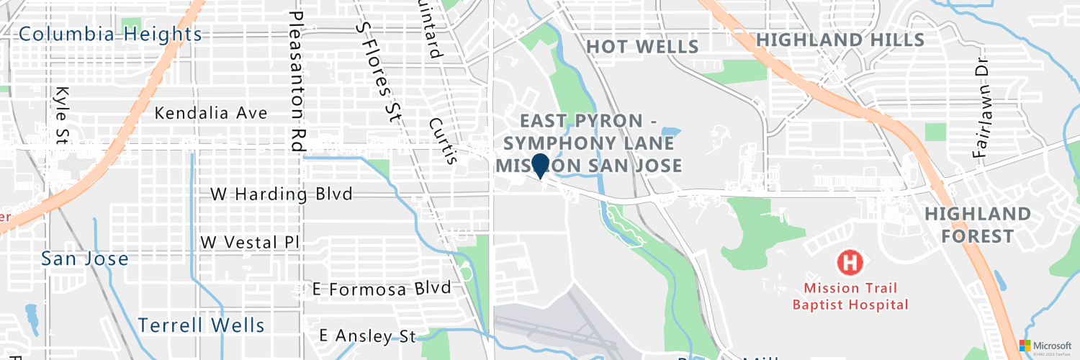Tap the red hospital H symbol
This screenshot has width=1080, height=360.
[850, 262]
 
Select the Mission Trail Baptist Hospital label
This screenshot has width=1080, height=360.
[850, 296]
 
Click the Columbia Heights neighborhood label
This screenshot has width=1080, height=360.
[110, 34]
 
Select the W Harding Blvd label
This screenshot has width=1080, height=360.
[281, 194]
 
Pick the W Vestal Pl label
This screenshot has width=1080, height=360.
[249, 241]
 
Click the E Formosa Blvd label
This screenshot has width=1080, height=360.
[382, 289]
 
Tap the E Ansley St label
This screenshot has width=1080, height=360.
[368, 336]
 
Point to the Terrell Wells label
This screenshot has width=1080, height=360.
[202, 325]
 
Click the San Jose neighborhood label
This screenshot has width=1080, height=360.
[85, 258]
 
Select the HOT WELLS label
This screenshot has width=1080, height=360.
[642, 47]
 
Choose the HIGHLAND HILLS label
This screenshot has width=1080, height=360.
[840, 40]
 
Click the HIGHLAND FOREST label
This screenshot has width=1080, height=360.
[977, 225]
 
